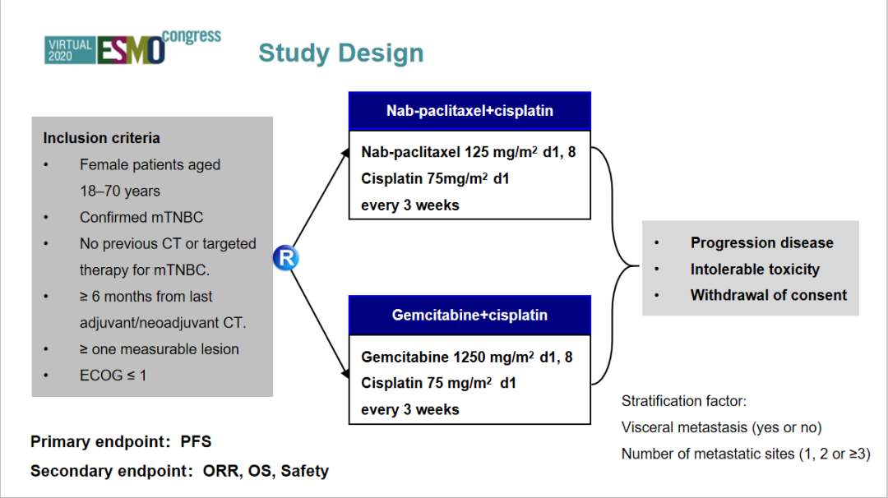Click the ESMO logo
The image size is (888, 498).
coord(131,49)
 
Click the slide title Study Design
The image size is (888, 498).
coord(340,53)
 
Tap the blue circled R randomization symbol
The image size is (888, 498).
coord(286,258)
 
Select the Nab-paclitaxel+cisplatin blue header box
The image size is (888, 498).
coord(469,111)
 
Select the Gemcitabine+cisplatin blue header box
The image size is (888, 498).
coord(469,315)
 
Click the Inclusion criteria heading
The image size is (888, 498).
coord(101,138)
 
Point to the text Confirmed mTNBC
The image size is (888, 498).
coord(141,218)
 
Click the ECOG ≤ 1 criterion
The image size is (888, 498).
coord(113,376)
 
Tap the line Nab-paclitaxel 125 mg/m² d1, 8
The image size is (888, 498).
coord(467,152)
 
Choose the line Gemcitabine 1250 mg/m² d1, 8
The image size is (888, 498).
coord(467,357)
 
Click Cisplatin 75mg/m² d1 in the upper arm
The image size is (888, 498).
coord(435,178)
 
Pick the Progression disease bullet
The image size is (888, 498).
coord(761,243)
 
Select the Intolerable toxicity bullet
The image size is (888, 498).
coord(755,270)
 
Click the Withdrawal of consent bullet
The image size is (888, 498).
coord(768,296)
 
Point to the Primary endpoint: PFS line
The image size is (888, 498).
coord(121,442)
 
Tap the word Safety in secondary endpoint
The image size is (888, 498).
coord(304,472)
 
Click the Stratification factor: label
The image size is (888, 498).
coord(683,402)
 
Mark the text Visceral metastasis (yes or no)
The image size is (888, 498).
coord(721,427)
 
